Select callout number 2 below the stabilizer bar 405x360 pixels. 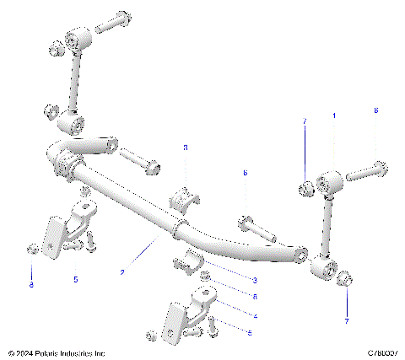click(x=122, y=272)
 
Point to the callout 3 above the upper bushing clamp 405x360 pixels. click(x=186, y=148)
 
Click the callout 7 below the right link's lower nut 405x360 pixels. click(x=346, y=321)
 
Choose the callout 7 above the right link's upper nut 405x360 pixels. click(x=304, y=123)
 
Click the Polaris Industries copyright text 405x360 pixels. click(x=57, y=352)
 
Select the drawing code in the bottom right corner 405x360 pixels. click(x=381, y=352)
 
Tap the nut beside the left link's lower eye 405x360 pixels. click(x=51, y=112)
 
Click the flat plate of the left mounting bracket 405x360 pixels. click(x=52, y=238)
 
